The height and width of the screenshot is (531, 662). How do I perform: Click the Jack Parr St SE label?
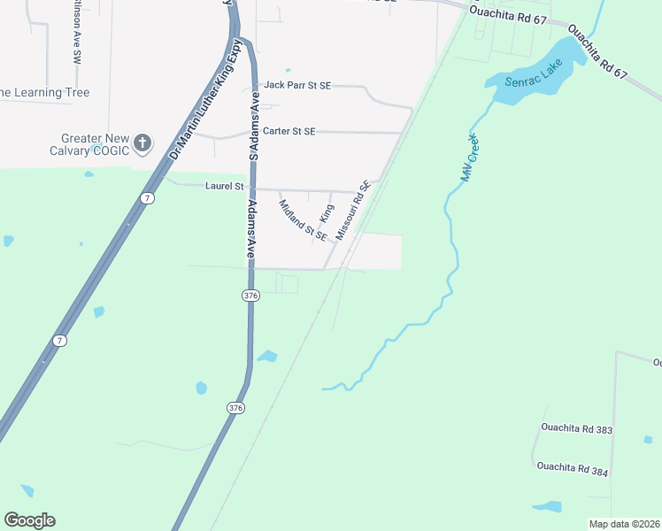[297, 85]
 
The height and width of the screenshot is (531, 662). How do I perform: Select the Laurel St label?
[224, 186]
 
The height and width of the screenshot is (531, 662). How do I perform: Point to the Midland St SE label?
[303, 220]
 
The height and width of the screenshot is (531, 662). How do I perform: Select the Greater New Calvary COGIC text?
[95, 144]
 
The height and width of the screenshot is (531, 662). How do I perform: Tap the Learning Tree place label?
[44, 93]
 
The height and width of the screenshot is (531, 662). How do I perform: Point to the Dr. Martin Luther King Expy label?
[204, 102]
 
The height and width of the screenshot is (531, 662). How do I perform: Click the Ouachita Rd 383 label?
[576, 428]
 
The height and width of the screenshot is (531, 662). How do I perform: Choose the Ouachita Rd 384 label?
[572, 468]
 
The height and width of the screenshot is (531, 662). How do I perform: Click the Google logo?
[29, 520]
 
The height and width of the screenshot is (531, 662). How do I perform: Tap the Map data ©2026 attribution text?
[624, 524]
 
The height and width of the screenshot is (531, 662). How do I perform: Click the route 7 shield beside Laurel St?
[148, 198]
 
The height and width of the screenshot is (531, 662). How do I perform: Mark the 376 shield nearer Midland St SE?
[251, 296]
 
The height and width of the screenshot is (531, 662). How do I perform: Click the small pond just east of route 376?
[266, 357]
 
